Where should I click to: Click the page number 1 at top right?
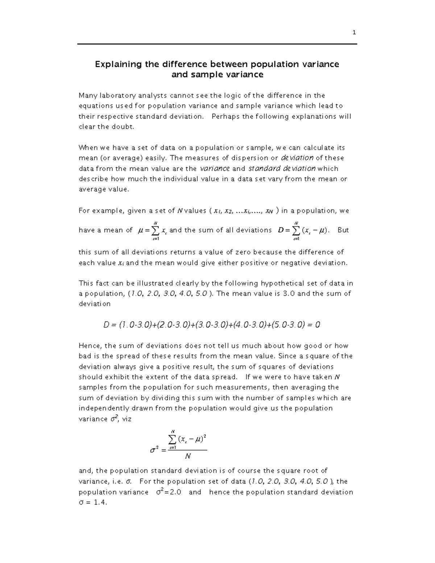coord(354,33)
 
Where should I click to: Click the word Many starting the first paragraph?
coord(87,96)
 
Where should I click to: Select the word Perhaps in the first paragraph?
coord(225,117)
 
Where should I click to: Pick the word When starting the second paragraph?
coord(88,148)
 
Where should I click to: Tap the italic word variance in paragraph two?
coord(215,169)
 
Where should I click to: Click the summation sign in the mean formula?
coord(155,231)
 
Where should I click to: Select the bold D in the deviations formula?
coord(280,230)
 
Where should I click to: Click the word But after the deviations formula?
coord(343,230)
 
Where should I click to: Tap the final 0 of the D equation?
coord(318,325)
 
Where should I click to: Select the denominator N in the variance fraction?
coord(187,456)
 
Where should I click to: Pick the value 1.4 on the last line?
coord(100,503)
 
